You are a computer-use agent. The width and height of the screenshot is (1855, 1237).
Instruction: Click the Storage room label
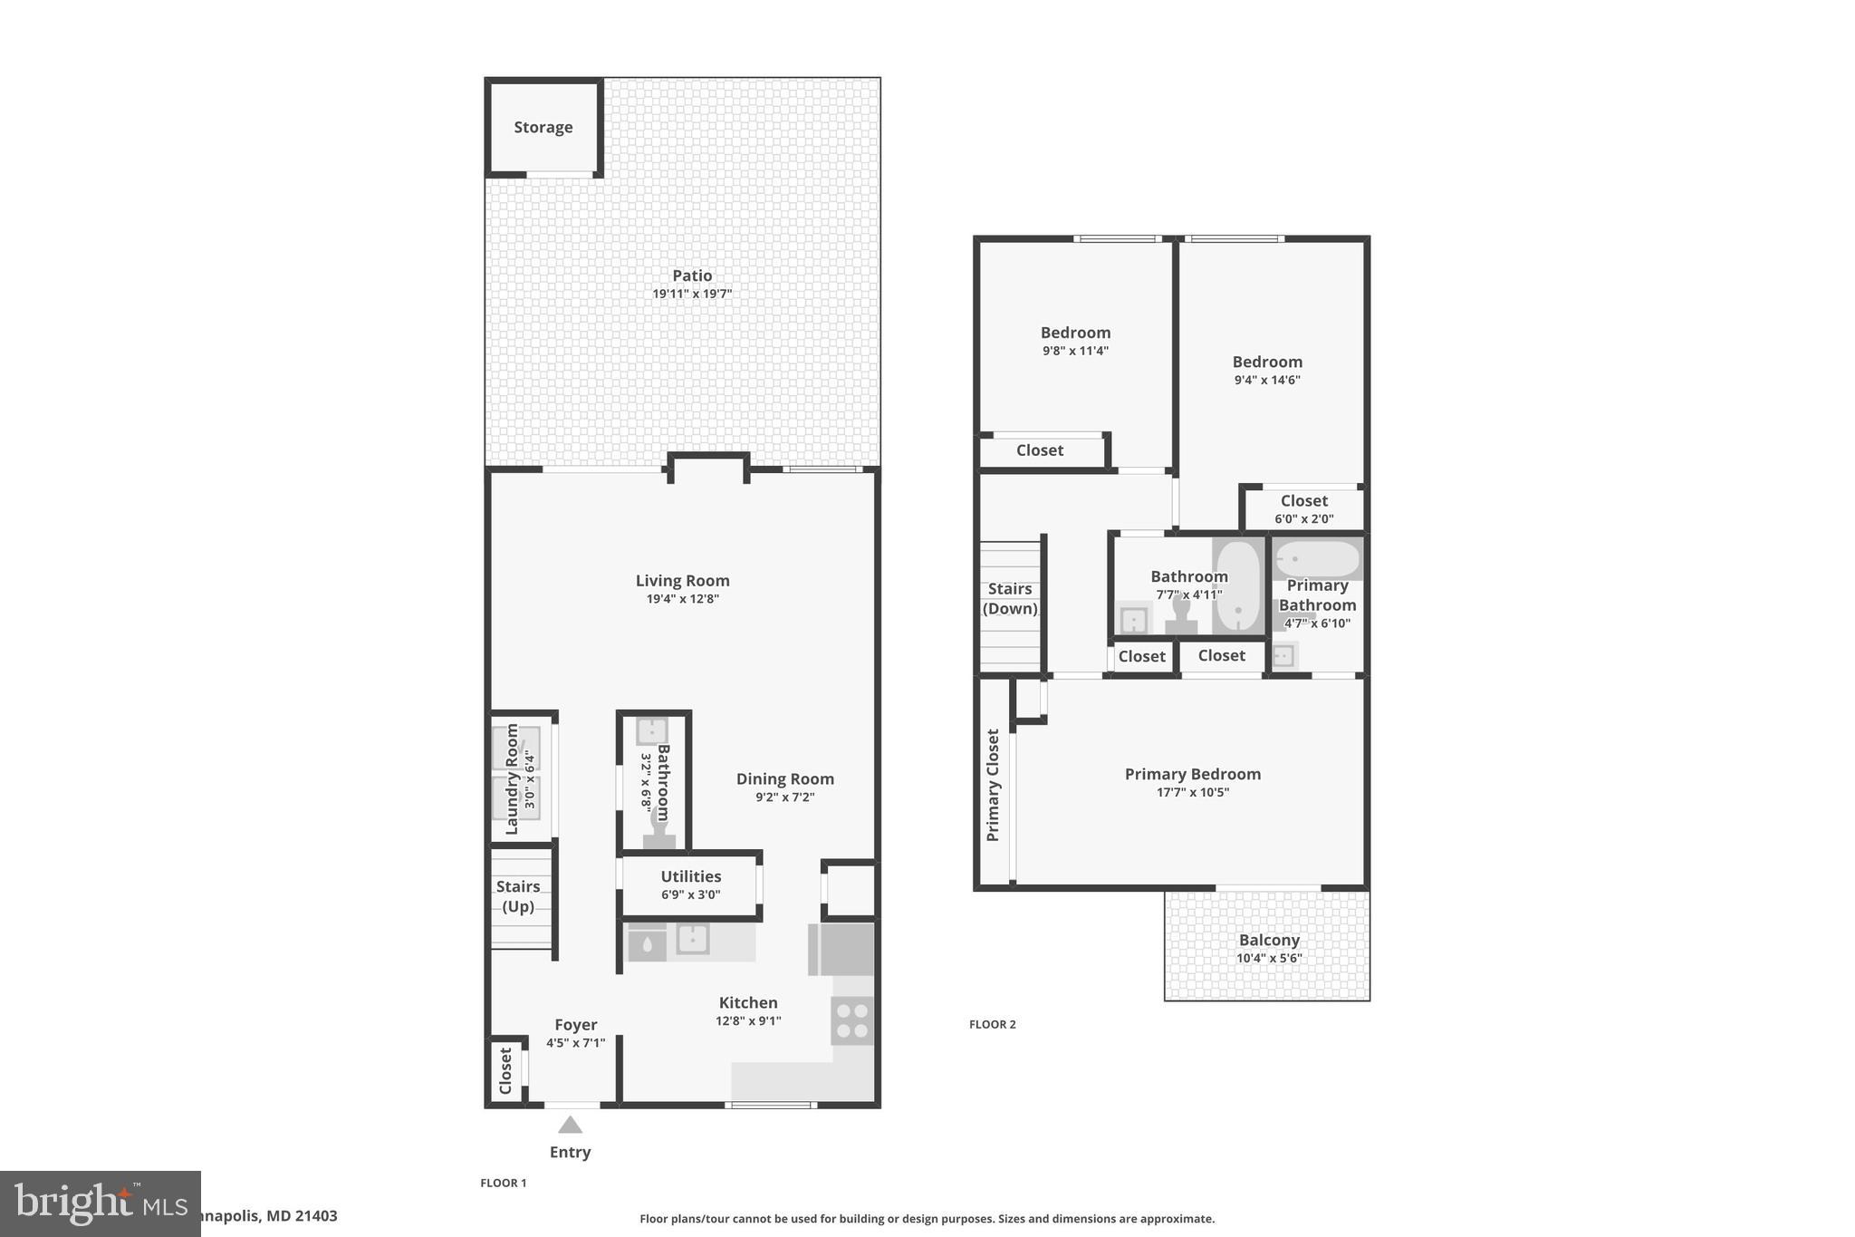pos(543,128)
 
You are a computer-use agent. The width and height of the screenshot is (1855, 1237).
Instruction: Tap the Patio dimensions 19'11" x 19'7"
pos(692,294)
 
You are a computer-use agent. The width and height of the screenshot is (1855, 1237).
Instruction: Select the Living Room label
pos(682,581)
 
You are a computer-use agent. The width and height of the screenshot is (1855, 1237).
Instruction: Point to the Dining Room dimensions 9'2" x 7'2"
pos(784,797)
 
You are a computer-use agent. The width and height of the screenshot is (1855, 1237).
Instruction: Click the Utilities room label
pos(690,876)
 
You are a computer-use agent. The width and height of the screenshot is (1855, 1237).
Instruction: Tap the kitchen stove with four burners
pos(852,1020)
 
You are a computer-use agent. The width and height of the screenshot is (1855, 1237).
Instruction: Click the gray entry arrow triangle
pos(570,1126)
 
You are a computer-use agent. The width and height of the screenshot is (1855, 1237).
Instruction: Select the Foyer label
pos(575,1025)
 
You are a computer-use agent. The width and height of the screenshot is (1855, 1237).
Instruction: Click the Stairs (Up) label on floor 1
pos(518,896)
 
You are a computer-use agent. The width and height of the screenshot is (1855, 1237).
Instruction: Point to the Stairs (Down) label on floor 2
pos(1010,599)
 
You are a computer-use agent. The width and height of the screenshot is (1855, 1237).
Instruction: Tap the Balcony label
pos(1269,941)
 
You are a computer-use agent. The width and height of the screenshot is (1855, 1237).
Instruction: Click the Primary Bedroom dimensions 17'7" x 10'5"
pos(1192,792)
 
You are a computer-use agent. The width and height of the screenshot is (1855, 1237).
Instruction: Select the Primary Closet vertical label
pos(993,785)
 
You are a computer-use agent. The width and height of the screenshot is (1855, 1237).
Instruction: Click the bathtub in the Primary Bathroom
pos(1317,559)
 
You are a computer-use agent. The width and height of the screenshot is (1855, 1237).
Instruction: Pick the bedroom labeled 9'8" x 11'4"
pos(1075,341)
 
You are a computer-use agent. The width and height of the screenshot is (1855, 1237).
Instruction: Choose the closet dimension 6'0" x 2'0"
pos(1303,519)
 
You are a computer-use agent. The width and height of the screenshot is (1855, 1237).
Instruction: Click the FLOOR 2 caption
pos(992,1024)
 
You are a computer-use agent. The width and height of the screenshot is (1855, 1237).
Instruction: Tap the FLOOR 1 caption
pos(503,1183)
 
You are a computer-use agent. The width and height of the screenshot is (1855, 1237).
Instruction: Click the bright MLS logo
pos(100,1203)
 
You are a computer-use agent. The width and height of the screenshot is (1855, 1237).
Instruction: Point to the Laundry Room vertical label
pos(512,779)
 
